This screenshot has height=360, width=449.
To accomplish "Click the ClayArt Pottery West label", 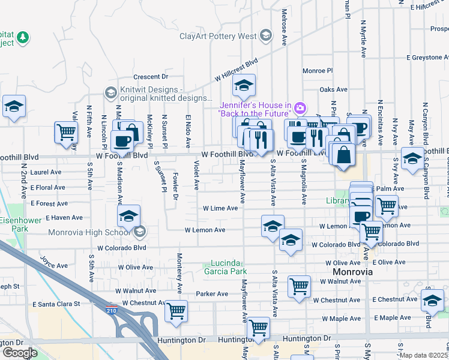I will (x=218, y=36).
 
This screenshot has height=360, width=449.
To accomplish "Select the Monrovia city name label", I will (x=353, y=272).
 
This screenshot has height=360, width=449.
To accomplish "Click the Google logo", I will (x=19, y=352).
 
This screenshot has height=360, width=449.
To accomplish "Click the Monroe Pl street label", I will (x=318, y=70).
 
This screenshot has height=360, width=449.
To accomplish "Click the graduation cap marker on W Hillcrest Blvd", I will (x=244, y=86).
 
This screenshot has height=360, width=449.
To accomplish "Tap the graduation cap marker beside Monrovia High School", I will (x=128, y=217).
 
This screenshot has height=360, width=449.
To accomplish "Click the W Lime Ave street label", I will (x=220, y=209).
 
